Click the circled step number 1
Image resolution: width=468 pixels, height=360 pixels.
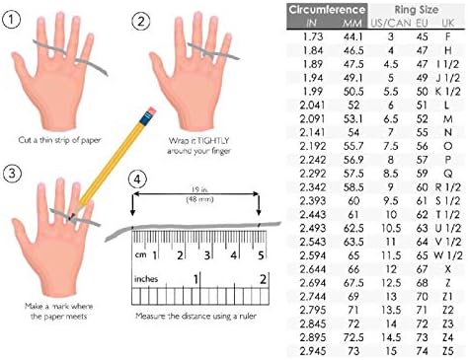click(11, 20)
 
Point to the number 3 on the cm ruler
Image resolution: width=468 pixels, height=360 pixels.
click(206, 255)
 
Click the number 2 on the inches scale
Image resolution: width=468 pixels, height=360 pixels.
click(263, 279)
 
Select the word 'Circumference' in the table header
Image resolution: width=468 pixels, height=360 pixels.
click(327, 10)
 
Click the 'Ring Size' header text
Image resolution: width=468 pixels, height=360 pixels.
click(417, 10)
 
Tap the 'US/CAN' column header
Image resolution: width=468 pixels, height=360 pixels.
click(391, 24)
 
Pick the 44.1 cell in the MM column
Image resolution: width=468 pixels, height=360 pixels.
click(353, 36)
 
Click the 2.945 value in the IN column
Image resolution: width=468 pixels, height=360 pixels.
click(312, 351)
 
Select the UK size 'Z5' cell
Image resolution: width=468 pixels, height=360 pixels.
click(447, 351)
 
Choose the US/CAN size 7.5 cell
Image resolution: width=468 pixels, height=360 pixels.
click(391, 146)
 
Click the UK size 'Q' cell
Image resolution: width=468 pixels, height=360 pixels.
click(448, 174)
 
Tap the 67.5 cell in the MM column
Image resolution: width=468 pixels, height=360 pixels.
click(353, 283)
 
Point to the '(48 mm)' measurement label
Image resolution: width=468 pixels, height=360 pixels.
click(199, 199)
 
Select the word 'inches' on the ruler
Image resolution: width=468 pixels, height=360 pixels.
click(146, 279)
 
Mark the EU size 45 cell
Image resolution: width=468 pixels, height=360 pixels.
click(422, 36)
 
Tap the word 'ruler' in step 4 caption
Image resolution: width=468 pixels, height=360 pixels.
click(248, 317)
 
